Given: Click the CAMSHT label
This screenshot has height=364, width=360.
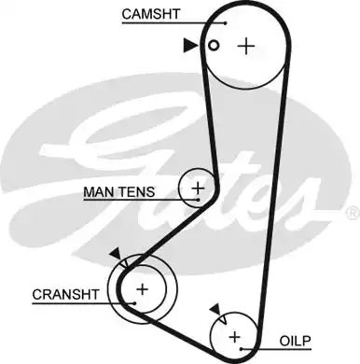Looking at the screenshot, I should point(149,14).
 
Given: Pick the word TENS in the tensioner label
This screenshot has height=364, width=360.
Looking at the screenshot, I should point(138,193).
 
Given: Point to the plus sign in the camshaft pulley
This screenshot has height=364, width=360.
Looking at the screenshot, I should point(245,45).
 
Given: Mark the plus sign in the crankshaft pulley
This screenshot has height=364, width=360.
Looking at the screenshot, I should point(142,290).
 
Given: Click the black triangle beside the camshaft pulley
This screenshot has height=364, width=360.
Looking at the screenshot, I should point(190,44).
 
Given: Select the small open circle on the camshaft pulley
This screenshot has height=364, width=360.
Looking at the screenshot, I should point(214,45).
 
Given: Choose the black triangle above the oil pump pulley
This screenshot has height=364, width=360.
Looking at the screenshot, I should point(215,309).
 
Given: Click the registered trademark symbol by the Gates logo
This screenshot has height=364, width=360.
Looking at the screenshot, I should point(352,215).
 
